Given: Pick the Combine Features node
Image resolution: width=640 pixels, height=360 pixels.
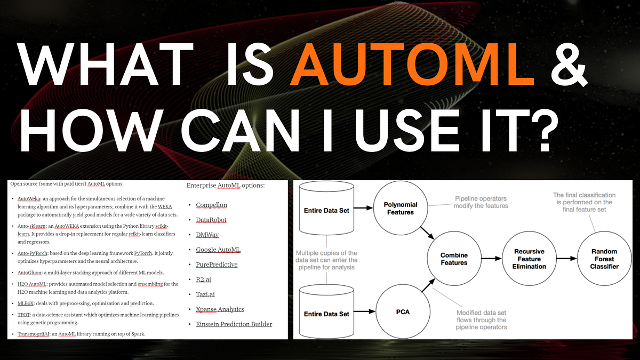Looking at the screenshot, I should coord(454,259).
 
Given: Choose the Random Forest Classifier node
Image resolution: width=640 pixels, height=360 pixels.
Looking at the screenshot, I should coord(604,259).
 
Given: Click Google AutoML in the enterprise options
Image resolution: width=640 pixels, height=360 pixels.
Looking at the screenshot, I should coord(218,250).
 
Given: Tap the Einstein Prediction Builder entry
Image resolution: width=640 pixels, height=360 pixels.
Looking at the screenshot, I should coord(234,324).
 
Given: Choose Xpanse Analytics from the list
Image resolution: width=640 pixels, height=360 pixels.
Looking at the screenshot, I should coord(220,309).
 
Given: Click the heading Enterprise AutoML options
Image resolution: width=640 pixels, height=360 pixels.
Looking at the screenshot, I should coord(225,186).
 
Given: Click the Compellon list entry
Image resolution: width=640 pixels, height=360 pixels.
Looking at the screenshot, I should coord(211,205).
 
